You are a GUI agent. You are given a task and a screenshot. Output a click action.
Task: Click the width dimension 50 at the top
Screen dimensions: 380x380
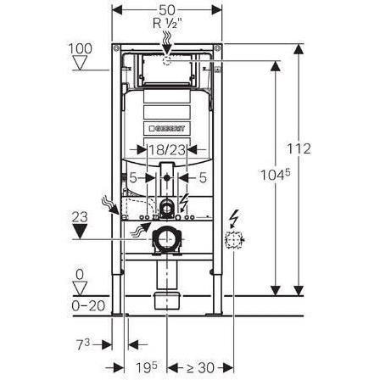point(167,10)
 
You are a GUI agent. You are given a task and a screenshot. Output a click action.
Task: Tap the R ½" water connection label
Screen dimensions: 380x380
point(167,23)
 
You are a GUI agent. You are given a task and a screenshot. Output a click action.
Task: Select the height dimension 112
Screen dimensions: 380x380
point(299,148)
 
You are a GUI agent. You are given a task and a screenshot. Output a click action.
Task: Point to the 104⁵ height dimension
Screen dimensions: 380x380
point(275,175)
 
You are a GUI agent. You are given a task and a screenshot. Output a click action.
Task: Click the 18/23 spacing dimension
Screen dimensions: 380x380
point(167,150)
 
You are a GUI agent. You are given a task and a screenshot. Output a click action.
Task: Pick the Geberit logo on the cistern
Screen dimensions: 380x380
point(167,129)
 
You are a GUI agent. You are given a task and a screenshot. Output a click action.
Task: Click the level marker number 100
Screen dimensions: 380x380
point(81,48)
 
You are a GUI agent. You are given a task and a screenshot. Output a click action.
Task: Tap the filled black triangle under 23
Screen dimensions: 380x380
point(80,231)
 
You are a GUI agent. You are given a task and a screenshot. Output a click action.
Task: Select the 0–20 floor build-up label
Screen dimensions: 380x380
point(88,305)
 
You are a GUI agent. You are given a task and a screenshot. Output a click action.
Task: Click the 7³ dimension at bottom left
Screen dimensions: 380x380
point(83,344)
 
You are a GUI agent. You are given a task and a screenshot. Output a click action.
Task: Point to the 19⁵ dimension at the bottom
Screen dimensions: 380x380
point(147,367)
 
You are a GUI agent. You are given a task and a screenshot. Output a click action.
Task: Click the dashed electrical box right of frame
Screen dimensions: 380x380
point(233,240)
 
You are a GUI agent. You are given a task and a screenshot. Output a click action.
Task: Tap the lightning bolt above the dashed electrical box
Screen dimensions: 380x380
point(235,218)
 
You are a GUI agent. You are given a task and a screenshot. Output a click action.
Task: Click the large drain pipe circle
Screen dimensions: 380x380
point(167,240)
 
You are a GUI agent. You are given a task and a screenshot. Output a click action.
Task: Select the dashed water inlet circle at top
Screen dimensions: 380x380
point(167,60)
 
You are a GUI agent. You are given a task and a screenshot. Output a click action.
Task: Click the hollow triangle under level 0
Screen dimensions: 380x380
point(80,288)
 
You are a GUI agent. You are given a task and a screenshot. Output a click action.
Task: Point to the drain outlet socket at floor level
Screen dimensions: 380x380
point(167,300)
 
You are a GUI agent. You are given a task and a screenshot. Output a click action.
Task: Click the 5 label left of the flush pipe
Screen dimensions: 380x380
point(133,178)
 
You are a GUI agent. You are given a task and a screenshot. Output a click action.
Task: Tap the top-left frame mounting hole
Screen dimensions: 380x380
point(116,48)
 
